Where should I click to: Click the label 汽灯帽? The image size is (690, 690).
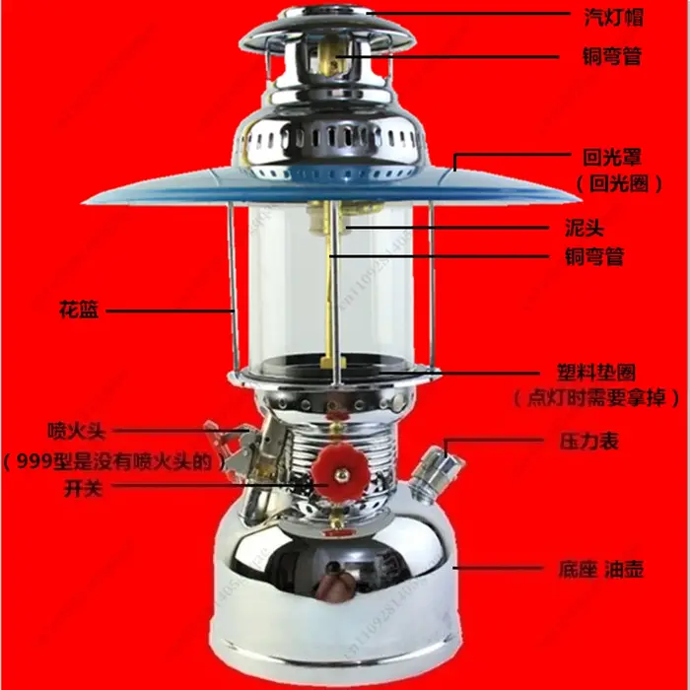tap(613, 17)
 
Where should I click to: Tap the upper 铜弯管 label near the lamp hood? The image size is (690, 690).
tap(612, 56)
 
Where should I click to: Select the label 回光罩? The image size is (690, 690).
tap(612, 157)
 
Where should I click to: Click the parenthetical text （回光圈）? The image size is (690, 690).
tap(619, 183)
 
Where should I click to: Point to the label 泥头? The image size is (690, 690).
tap(585, 228)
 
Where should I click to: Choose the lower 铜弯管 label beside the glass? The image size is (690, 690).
tap(594, 256)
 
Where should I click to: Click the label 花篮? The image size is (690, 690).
tap(79, 310)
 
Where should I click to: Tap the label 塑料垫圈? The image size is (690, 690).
tap(596, 373)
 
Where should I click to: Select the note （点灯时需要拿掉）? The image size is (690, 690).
tap(596, 398)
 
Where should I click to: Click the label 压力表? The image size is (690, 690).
tap(589, 441)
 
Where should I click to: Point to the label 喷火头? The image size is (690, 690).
tap(77, 431)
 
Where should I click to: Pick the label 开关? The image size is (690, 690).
tap(83, 488)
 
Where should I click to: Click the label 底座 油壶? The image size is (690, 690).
tap(601, 569)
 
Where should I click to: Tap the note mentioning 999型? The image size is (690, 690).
tap(111, 461)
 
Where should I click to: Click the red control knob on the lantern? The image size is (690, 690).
tap(340, 473)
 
